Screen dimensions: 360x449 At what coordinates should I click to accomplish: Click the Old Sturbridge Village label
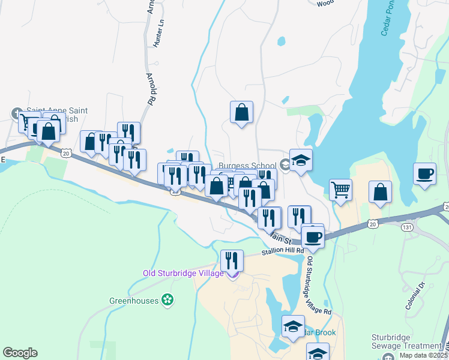[x=182, y=274]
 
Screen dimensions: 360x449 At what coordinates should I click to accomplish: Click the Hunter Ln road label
[x=158, y=34]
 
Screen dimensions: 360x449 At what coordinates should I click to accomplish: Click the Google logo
[x=20, y=353]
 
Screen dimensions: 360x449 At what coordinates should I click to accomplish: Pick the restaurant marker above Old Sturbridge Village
[x=232, y=261]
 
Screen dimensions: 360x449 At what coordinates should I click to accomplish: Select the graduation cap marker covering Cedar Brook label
[x=293, y=326]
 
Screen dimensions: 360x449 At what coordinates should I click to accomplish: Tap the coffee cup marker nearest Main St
[x=312, y=236]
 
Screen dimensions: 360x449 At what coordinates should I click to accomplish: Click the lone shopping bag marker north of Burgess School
[x=241, y=112]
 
